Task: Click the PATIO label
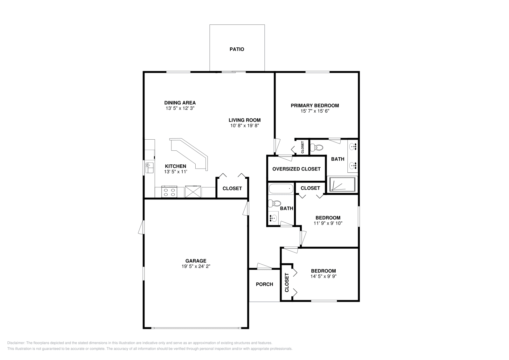[237, 49]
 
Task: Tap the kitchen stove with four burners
[169, 192]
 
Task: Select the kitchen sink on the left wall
[150, 168]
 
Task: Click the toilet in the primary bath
[317, 148]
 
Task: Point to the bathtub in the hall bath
[281, 189]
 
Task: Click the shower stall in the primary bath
[342, 184]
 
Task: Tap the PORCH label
[264, 284]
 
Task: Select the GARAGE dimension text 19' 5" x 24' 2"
[196, 266]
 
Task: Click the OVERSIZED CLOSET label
[296, 169]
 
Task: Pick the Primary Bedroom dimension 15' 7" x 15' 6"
[315, 111]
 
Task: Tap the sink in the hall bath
[273, 218]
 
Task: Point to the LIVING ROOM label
[245, 120]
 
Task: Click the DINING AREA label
[180, 103]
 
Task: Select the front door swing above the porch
[264, 266]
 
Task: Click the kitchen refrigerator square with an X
[193, 192]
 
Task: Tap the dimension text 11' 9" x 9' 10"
[328, 223]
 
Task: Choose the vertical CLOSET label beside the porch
[287, 282]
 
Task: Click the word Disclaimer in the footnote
[16, 343]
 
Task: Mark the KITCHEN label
[175, 166]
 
